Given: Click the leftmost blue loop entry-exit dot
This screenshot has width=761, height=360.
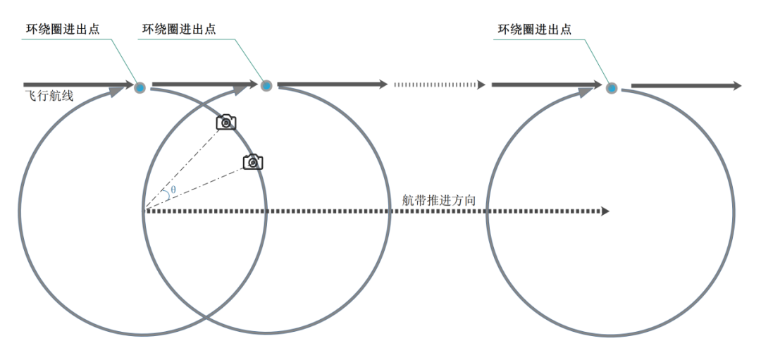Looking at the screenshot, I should tap(140, 87).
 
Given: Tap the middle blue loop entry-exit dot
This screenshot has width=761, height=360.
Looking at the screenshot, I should tap(266, 86).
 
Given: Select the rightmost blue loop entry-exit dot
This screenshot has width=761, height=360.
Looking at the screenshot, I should tap(612, 88).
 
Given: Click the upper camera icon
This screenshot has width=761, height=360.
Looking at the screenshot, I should tap(225, 123).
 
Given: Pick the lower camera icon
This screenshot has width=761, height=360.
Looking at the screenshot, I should tap(253, 162).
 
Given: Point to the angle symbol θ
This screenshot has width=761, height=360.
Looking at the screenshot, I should tap(173, 190).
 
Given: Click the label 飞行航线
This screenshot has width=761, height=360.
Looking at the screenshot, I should tap(49, 97).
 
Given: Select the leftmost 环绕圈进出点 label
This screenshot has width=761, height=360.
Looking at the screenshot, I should tap(60, 30).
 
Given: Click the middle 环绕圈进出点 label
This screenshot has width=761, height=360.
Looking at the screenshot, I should tap(179, 30).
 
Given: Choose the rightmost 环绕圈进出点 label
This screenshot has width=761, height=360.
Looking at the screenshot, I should tap(535, 30).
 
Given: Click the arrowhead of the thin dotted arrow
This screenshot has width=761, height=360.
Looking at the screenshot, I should tap(481, 85).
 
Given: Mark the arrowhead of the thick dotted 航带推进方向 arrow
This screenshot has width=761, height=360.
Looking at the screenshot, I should tap(605, 211).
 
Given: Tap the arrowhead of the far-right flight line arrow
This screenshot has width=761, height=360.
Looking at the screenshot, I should tap(737, 86).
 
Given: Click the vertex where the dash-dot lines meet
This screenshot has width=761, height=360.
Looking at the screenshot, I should tap(144, 210).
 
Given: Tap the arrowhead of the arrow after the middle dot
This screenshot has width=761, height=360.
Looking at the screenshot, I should tap(383, 85).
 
